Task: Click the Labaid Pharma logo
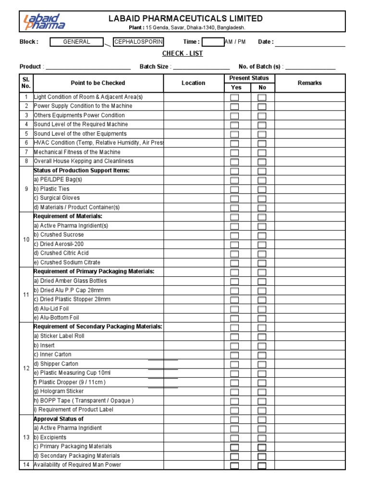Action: click(44, 22)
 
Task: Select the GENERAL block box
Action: click(76, 42)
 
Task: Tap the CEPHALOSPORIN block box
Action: click(138, 42)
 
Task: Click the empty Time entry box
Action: click(213, 42)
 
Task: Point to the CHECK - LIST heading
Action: click(183, 53)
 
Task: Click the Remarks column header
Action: click(309, 83)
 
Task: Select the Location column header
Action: click(193, 83)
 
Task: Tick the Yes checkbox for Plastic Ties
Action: click(234, 189)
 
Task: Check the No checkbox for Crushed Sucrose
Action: click(262, 235)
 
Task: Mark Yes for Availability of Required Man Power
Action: click(234, 466)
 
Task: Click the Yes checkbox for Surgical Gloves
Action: click(234, 198)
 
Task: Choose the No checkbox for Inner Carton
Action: click(262, 355)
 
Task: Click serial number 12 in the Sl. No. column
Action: click(26, 368)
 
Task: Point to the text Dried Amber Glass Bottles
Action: click(70, 281)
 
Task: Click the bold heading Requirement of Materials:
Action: click(68, 217)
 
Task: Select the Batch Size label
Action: click(154, 67)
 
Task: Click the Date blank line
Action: click(310, 43)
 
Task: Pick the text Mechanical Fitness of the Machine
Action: click(77, 152)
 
